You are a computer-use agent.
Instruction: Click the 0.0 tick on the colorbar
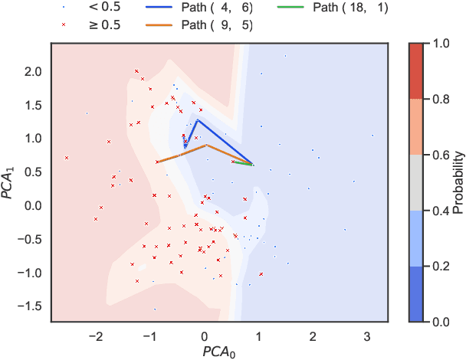[x=441, y=322]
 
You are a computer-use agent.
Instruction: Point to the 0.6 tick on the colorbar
[x=441, y=154]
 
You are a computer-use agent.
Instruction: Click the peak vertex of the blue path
[x=197, y=119]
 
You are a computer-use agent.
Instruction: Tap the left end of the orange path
[x=156, y=162]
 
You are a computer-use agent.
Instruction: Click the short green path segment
[x=244, y=162]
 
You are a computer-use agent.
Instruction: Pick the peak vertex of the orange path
[x=205, y=145]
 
